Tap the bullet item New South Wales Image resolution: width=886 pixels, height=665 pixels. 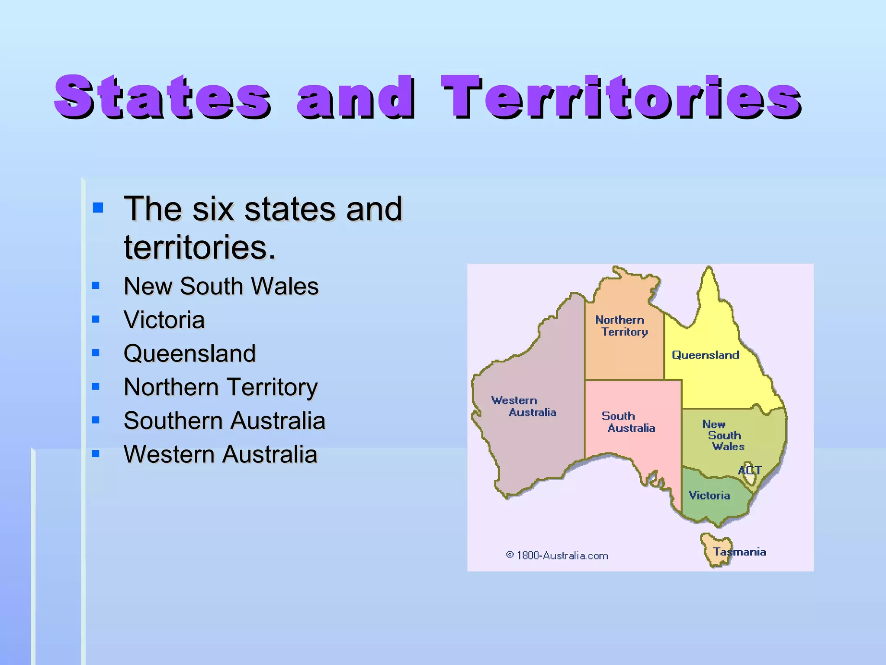coord(221,286)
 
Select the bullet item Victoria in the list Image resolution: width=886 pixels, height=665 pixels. coord(164,320)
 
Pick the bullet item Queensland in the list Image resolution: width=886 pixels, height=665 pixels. coord(189,353)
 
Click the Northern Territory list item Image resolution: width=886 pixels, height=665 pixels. coord(221,387)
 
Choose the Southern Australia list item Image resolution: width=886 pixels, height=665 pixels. coord(224,420)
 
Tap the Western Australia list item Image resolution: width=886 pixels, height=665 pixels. coord(220,454)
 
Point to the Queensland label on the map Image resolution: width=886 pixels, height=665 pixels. coord(705,355)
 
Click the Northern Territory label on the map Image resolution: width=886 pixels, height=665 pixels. coord(621,326)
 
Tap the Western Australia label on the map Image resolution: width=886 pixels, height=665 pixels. coord(523,406)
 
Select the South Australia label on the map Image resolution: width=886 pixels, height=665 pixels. coord(628,422)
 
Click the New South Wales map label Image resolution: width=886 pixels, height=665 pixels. coord(723,435)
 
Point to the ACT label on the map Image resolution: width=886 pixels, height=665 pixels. coord(749,470)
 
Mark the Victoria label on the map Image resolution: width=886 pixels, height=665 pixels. coord(709,495)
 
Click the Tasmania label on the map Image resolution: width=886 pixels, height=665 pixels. coord(740,552)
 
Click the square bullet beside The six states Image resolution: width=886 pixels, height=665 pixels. coord(98,208)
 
